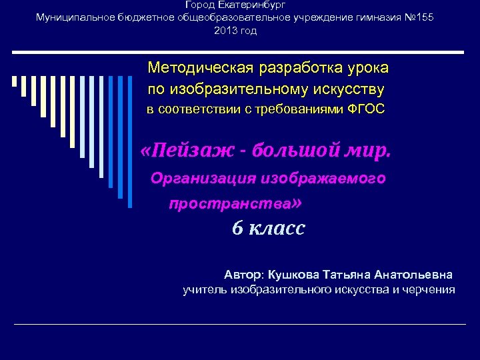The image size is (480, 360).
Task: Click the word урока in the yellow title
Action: coord(367,68)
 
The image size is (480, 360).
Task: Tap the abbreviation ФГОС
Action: coord(366,109)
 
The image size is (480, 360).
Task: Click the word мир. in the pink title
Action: coord(366,151)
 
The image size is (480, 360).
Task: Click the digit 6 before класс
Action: coord(237,229)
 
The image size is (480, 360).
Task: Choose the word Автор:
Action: coord(245,274)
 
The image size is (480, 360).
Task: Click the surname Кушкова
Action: coord(294,274)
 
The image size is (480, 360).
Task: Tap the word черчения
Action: coord(432,289)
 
